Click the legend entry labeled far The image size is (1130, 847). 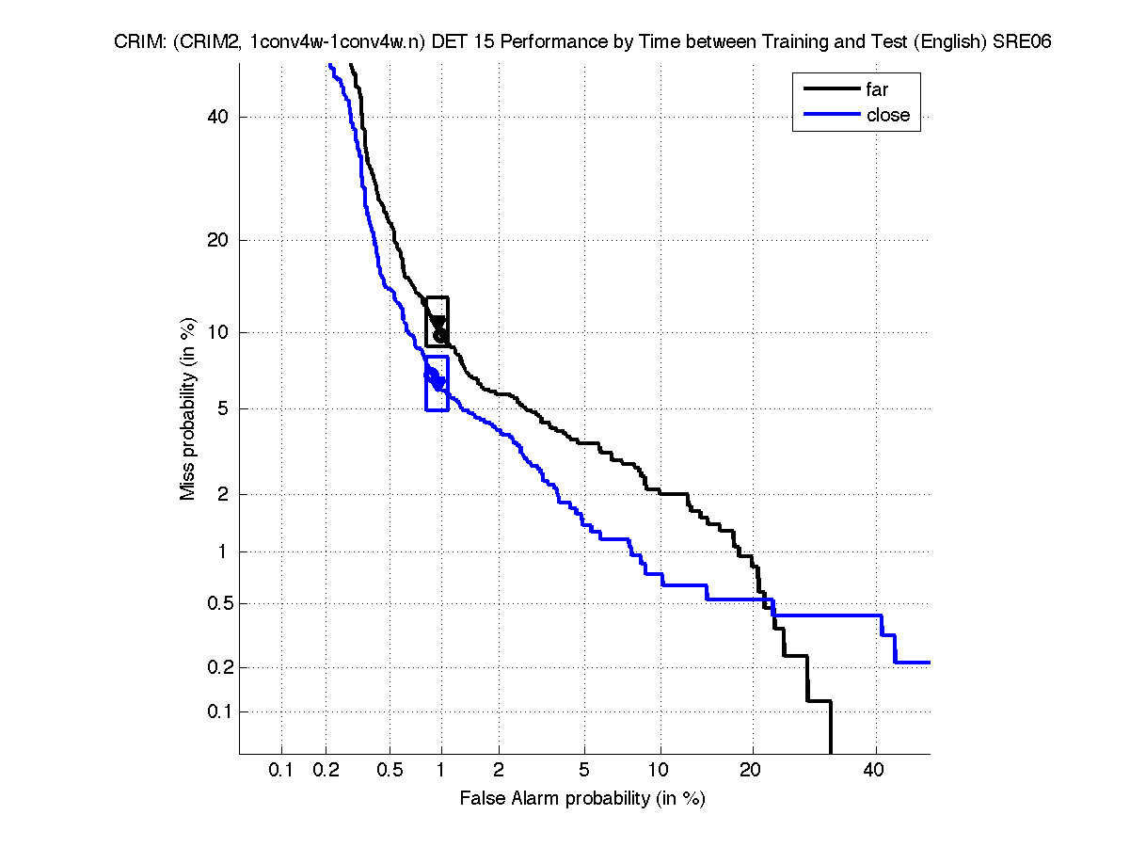(877, 90)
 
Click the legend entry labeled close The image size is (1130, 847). (887, 115)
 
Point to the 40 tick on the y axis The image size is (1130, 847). (217, 117)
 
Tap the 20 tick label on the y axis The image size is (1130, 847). (217, 240)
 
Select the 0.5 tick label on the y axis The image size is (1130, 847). (214, 603)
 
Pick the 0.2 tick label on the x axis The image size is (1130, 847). (326, 771)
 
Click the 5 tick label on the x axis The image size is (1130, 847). (584, 771)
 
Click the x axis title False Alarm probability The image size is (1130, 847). (582, 798)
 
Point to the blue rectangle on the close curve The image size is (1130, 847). (438, 383)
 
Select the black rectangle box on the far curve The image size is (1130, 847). (438, 322)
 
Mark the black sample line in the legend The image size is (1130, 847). (832, 90)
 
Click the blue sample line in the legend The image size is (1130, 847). (832, 115)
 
